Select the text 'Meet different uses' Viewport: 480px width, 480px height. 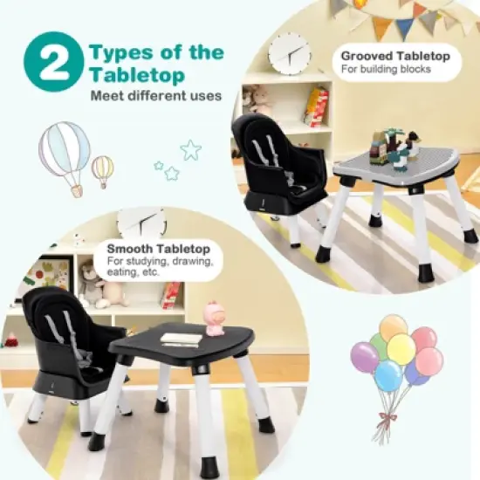pos(156,96)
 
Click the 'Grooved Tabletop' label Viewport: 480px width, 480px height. pos(395,56)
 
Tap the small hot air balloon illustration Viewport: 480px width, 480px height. pos(103,168)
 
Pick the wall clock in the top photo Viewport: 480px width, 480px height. pos(289,54)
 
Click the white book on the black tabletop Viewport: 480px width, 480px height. pos(181,338)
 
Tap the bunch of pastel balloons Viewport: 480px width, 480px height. pos(395,358)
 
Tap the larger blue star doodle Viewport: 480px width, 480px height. pos(190,150)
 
